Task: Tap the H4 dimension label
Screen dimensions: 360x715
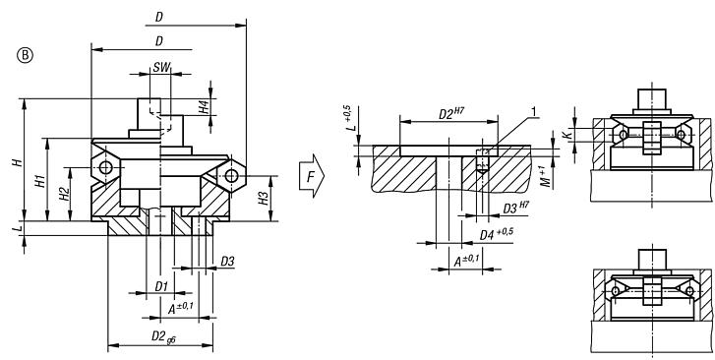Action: point(203,107)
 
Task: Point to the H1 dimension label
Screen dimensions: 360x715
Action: point(40,180)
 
